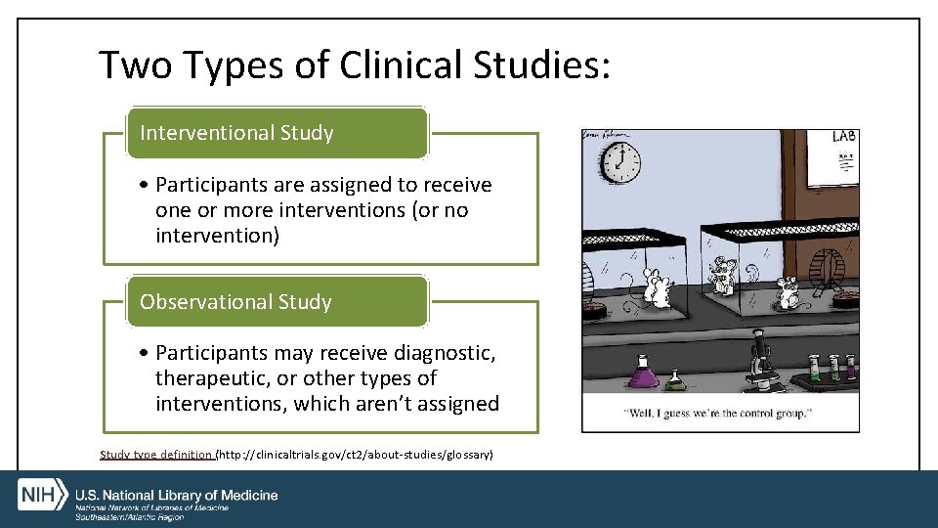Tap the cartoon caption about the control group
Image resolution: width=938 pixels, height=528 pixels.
point(719,413)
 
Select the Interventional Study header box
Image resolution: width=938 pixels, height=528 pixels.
point(277,133)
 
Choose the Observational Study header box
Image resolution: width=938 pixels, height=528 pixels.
point(277,301)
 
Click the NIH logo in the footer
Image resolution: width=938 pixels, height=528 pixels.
point(41,494)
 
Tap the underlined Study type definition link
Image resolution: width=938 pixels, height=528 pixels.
point(156,455)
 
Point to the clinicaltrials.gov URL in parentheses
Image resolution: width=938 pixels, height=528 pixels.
point(355,455)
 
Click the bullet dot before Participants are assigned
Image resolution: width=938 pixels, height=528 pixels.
point(144,185)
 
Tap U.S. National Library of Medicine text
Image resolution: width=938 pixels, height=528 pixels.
point(177,495)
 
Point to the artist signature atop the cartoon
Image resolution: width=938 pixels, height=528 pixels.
point(606,134)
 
